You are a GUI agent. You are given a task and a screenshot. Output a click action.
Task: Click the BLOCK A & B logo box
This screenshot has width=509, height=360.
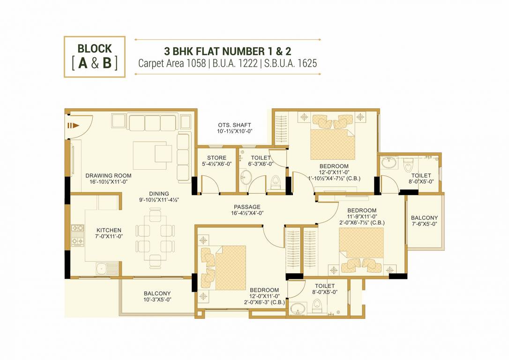[x=95, y=56]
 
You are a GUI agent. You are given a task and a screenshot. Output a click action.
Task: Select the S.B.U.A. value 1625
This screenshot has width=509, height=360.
[x=306, y=63]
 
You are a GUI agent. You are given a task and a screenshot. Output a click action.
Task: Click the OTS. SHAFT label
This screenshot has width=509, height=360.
[x=234, y=125]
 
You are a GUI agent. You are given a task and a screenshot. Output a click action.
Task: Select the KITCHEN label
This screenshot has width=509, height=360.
[x=109, y=230]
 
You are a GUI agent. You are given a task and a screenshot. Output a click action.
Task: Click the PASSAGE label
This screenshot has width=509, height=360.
[x=247, y=207]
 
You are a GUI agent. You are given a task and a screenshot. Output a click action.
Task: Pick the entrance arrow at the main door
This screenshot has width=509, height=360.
[x=72, y=125]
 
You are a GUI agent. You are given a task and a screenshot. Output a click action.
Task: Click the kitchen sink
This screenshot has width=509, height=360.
[x=101, y=269]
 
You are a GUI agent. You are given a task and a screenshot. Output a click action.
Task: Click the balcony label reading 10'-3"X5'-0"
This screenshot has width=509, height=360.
[x=157, y=299]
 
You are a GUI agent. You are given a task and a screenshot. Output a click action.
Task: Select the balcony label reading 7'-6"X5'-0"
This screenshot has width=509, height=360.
[x=424, y=224]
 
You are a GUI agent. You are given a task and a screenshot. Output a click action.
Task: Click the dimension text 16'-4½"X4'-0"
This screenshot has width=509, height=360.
[x=247, y=213]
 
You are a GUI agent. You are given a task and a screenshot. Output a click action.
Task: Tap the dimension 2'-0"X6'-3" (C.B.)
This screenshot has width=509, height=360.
[x=264, y=302]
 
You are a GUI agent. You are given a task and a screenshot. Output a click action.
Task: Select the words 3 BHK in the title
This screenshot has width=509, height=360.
[x=180, y=50]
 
